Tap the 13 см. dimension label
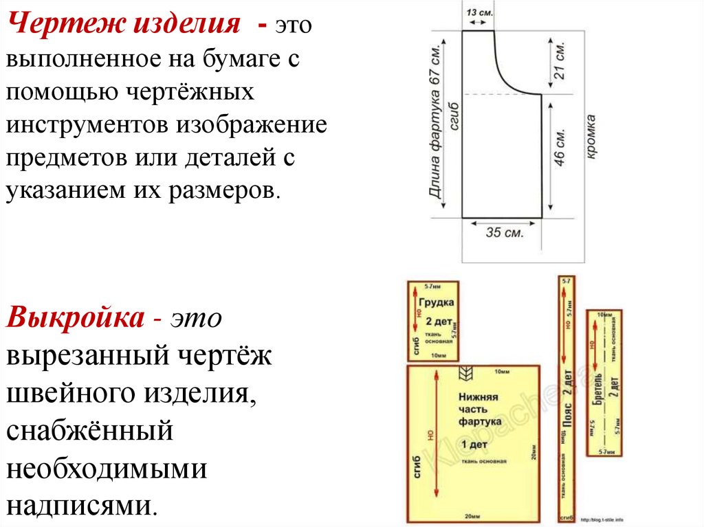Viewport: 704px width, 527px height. pyautogui.click(x=479, y=12)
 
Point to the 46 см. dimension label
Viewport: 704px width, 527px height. pyautogui.click(x=560, y=147)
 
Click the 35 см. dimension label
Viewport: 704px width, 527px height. pyautogui.click(x=505, y=232)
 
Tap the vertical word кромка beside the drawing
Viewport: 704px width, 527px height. pyautogui.click(x=590, y=137)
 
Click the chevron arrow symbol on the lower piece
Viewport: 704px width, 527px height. pyautogui.click(x=464, y=374)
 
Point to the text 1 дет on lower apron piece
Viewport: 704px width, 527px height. pyautogui.click(x=474, y=442)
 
